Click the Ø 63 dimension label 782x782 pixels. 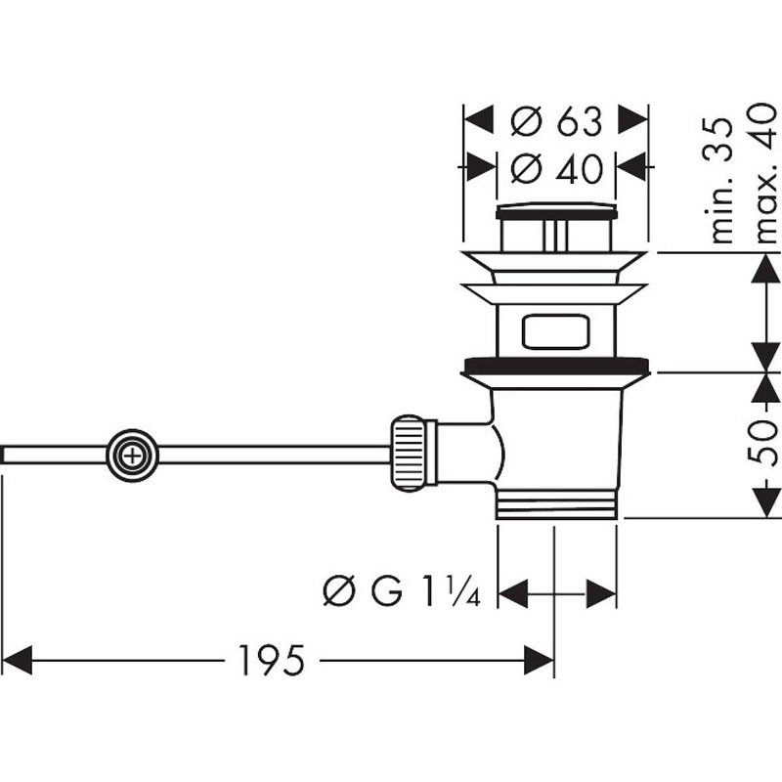tap(555, 122)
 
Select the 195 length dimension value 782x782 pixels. tap(272, 662)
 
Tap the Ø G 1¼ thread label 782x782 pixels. tap(401, 591)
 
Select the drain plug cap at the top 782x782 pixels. tap(555, 210)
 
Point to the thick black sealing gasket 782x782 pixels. tap(555, 368)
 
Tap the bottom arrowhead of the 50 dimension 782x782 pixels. tap(765, 502)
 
